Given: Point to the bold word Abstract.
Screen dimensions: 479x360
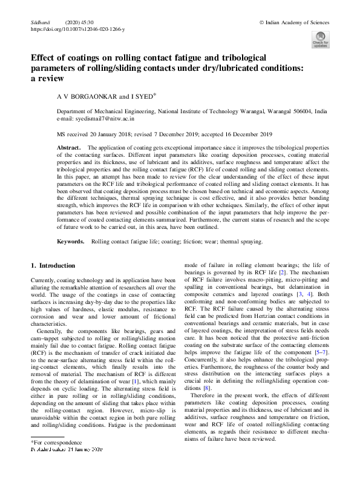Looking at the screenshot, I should (x=68, y=148).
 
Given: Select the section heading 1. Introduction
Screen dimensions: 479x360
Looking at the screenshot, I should (x=53, y=266).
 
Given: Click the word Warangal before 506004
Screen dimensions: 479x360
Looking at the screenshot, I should (x=283, y=112).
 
